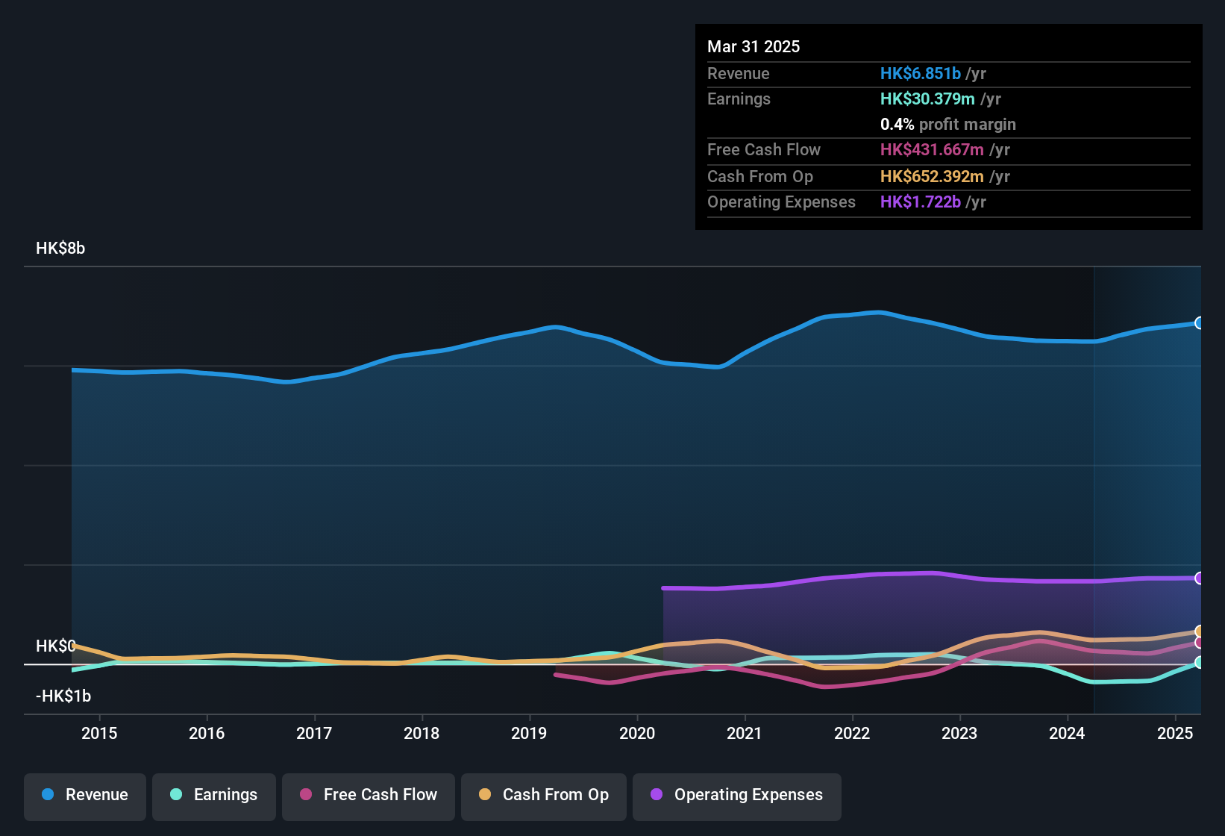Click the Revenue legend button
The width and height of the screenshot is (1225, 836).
(x=85, y=795)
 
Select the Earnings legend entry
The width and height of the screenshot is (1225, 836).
(x=214, y=795)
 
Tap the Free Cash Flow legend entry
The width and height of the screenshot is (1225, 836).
(x=369, y=795)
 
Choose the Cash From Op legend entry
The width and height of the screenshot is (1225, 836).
(x=544, y=795)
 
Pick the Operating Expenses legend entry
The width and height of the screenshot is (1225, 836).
(x=737, y=795)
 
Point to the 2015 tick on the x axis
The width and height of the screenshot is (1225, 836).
(x=99, y=733)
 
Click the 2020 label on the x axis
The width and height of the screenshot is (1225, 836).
(x=637, y=733)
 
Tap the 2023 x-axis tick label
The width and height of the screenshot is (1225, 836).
(x=959, y=733)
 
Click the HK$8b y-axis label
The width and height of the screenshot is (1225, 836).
(x=60, y=249)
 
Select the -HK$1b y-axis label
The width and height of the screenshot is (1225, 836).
(x=63, y=696)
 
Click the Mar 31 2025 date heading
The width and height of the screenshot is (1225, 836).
(x=754, y=47)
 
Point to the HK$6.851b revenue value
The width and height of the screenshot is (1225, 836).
(x=920, y=74)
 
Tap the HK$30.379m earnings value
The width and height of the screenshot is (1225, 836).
(x=927, y=99)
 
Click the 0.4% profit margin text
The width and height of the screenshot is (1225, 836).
(x=947, y=125)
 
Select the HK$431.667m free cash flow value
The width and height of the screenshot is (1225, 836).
(x=932, y=150)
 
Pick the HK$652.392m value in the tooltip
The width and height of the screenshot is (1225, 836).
(x=932, y=177)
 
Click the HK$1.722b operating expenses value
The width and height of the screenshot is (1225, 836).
(x=920, y=202)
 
